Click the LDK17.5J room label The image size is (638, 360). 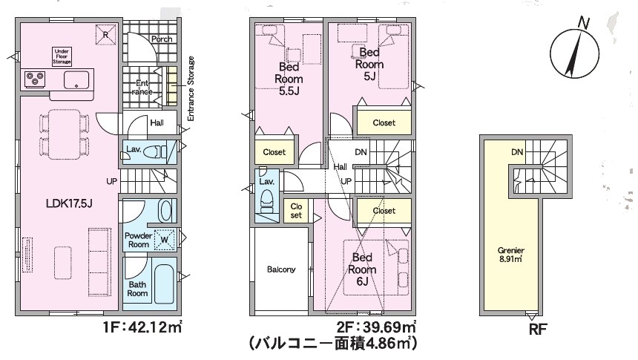coord(69,203)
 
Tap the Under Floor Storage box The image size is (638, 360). coord(62,56)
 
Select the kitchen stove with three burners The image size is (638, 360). coord(35,79)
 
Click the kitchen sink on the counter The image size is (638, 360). coord(76,80)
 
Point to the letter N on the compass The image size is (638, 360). coord(584,23)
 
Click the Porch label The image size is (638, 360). coord(162,39)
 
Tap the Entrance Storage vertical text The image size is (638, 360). coord(191,88)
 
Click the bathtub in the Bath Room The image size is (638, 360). coord(165,284)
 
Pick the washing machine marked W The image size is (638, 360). coord(165,240)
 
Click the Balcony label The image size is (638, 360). coord(281,269)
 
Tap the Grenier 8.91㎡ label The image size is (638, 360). coord(510,255)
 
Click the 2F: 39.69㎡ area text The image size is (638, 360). coord(376,327)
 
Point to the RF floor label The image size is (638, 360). coord(538,329)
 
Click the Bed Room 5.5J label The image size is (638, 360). coord(289,79)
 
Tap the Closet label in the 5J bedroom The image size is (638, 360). coord(384,122)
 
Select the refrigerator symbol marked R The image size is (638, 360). coord(105,35)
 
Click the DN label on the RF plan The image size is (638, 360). coord(517,152)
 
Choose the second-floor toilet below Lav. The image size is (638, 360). coord(267,202)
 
